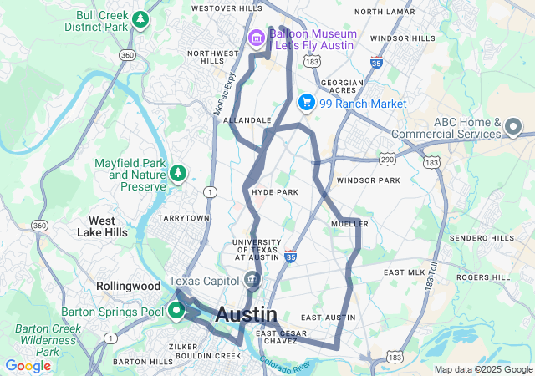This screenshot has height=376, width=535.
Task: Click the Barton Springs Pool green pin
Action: click(x=176, y=312)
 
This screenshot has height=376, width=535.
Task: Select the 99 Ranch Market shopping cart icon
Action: click(x=307, y=103)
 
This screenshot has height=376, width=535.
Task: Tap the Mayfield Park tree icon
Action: click(x=177, y=173)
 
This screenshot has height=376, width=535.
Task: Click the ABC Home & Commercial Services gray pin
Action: click(x=513, y=128)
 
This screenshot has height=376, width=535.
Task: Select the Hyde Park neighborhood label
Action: click(x=275, y=192)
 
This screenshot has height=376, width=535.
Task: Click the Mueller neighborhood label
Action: click(x=350, y=223)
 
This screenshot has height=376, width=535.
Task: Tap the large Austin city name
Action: click(x=247, y=315)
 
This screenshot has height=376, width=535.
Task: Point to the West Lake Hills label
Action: click(x=108, y=226)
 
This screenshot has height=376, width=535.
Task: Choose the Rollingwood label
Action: click(x=128, y=285)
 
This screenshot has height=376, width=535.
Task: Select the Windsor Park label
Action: click(x=369, y=180)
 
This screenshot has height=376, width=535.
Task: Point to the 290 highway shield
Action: click(x=387, y=157)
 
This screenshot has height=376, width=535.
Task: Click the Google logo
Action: click(x=28, y=366)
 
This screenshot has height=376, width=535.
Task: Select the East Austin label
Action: click(x=329, y=318)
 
